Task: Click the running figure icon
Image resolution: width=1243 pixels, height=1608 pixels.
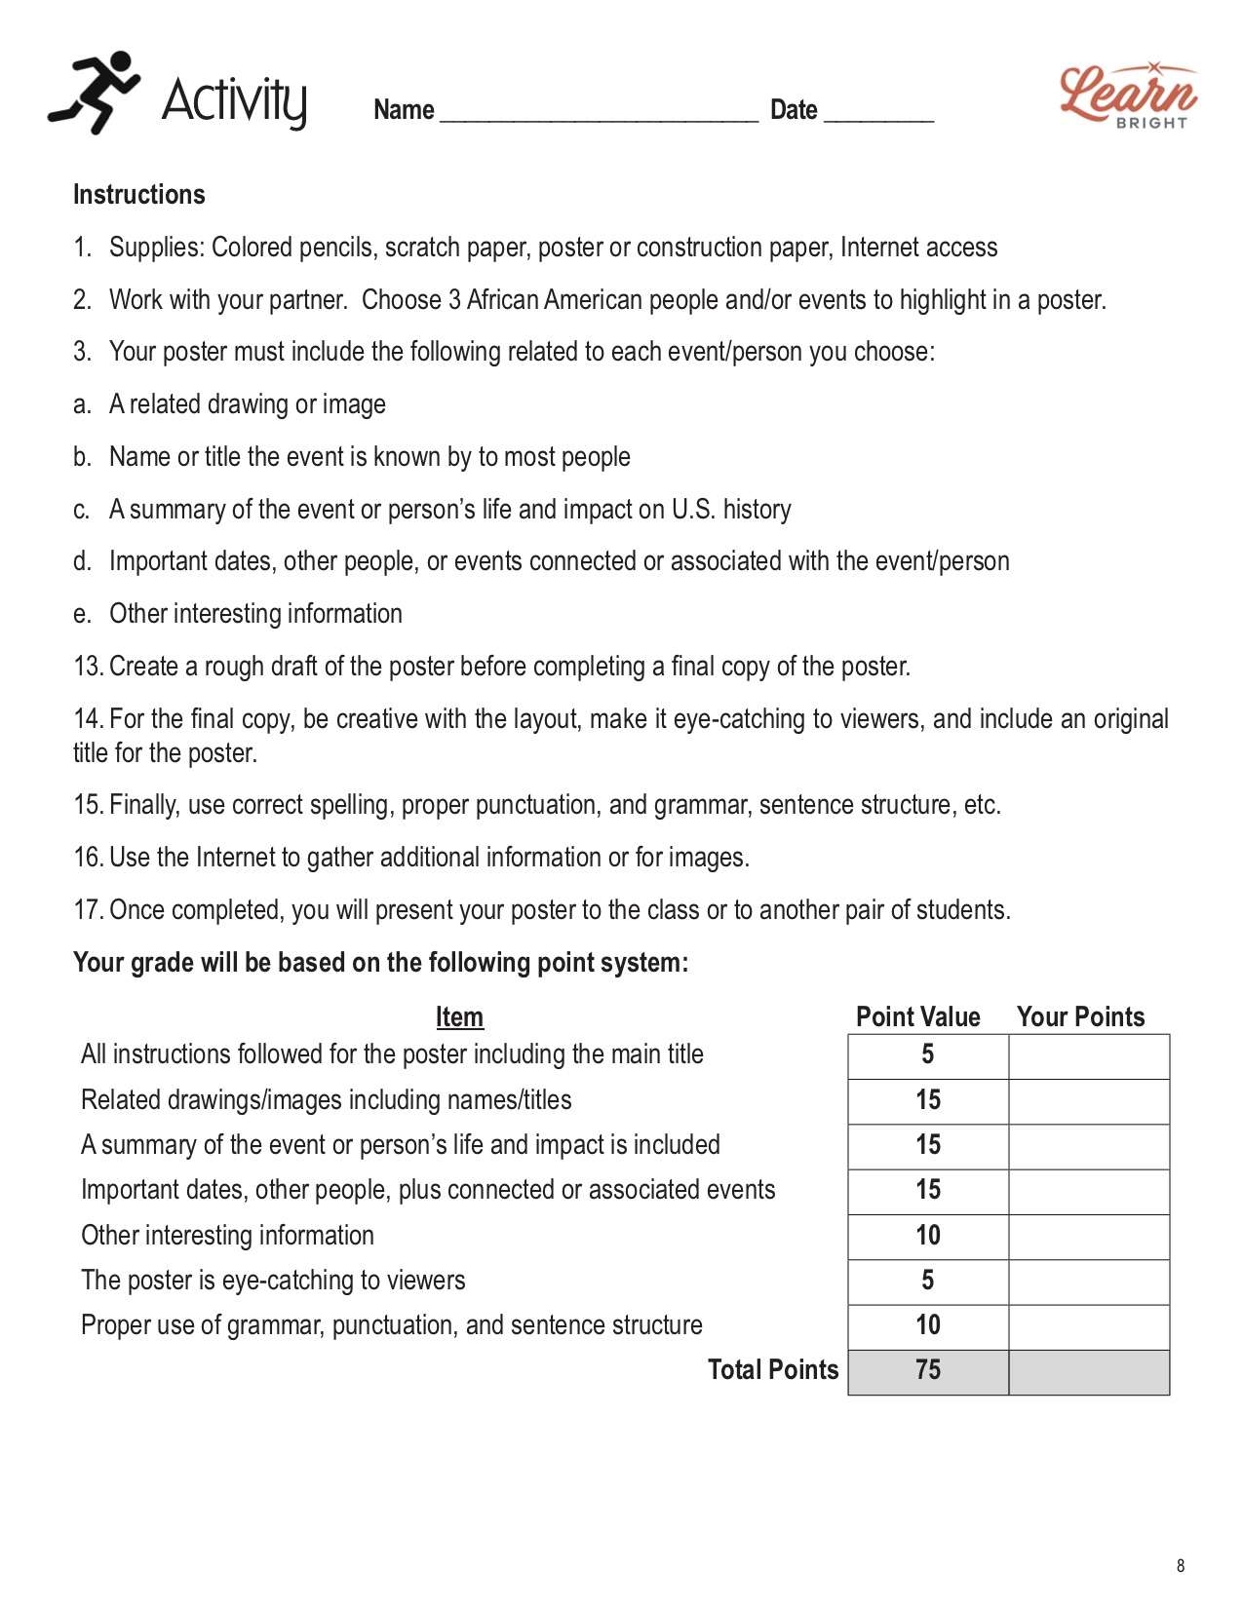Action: tap(94, 93)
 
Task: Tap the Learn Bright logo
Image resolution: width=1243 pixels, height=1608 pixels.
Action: tap(1128, 96)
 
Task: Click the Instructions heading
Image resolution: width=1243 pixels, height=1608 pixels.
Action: tap(138, 195)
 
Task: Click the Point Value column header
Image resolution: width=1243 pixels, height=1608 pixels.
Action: tap(917, 1016)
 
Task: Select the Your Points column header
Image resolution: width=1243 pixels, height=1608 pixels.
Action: tap(1080, 1016)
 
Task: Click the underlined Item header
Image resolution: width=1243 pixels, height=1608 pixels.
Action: tap(459, 1016)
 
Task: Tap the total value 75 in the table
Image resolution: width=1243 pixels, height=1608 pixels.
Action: tap(928, 1370)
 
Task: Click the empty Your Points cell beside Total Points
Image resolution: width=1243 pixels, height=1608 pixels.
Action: tap(1089, 1372)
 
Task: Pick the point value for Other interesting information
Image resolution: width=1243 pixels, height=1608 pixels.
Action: tap(928, 1236)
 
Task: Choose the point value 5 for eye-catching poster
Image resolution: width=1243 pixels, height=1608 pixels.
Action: tap(928, 1281)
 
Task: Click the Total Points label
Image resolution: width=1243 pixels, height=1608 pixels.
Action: tap(772, 1370)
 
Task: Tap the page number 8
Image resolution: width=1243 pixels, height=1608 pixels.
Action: tap(1181, 1566)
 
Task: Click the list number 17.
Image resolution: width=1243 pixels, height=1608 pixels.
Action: tap(88, 910)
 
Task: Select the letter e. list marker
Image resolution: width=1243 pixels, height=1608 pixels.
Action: tap(82, 614)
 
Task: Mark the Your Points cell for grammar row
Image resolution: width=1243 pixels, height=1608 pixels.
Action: tap(1089, 1326)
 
